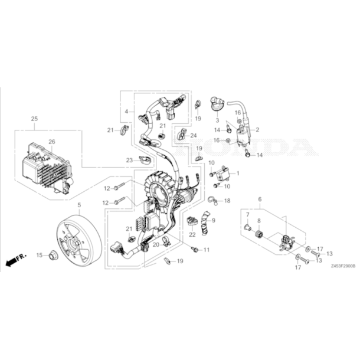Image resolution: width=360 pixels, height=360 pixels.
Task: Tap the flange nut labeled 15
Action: [x=53, y=255]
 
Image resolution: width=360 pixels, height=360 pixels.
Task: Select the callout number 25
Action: [x=34, y=119]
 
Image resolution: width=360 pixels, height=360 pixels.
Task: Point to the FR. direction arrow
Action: [x=15, y=260]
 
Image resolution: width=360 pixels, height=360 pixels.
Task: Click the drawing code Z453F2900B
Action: [x=343, y=266]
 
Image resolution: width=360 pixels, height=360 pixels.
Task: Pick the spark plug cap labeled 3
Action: [x=217, y=104]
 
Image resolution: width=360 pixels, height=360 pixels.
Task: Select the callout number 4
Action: [x=126, y=112]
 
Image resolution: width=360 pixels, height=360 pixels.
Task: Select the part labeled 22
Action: [x=192, y=221]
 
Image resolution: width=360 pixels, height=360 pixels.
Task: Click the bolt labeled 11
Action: [x=195, y=249]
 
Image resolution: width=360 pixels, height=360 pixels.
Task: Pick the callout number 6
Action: [x=260, y=199]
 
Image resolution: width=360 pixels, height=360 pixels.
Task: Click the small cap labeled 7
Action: [x=247, y=228]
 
